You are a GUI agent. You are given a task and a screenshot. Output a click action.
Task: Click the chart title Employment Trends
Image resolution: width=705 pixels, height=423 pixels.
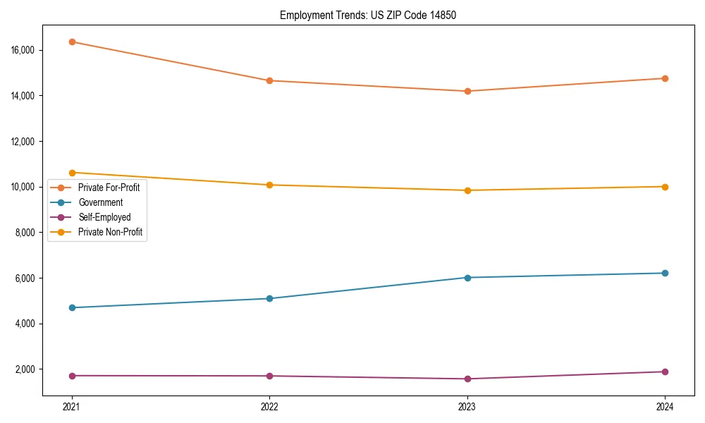tap(368, 15)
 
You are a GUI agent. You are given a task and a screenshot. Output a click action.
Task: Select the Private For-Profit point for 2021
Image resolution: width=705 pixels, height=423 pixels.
tap(72, 42)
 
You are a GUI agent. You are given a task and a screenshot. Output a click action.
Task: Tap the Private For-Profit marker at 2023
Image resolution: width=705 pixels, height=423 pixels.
tap(467, 91)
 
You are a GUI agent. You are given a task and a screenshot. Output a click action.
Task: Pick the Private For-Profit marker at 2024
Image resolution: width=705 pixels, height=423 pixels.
tap(664, 78)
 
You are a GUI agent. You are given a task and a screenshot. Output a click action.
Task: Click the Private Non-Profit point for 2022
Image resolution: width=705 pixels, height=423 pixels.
tap(269, 185)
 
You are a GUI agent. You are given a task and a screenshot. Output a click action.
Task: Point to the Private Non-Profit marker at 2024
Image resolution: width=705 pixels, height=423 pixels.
tap(664, 187)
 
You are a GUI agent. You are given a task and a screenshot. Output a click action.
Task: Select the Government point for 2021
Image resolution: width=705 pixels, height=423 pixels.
tap(72, 307)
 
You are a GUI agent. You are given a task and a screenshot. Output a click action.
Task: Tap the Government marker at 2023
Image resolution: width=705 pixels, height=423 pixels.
tap(467, 277)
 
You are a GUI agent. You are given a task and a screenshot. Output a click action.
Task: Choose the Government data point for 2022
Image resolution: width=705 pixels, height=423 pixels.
tap(269, 298)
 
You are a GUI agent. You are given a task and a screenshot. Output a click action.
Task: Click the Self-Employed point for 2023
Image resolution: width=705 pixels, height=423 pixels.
tap(467, 379)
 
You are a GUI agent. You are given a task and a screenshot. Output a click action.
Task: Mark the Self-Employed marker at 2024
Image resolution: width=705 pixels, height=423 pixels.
tap(664, 372)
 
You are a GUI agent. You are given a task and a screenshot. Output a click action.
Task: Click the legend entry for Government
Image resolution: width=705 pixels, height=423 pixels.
tap(100, 202)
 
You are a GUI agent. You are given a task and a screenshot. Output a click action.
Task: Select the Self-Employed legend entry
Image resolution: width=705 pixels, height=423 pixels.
tap(104, 217)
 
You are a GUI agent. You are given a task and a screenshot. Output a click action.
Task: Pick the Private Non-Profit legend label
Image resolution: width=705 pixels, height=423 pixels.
tap(110, 232)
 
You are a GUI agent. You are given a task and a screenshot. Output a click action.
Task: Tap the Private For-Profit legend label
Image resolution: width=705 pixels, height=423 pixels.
tap(109, 188)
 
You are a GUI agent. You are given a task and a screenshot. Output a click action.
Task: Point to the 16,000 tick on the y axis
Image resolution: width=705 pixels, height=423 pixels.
tap(26, 51)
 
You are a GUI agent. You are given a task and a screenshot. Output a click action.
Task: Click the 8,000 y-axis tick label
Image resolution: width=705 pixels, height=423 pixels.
tap(28, 233)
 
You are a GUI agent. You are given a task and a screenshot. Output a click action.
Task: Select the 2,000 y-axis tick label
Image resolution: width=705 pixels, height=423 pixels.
tap(28, 369)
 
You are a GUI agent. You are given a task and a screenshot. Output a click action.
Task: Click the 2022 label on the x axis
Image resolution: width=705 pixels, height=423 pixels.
tap(269, 407)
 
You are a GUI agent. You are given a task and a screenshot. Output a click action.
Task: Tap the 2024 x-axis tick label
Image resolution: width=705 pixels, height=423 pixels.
tap(664, 407)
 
